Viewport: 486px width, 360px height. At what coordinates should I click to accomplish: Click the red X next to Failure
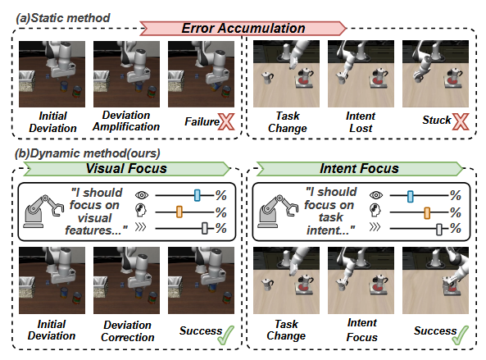tap(226, 121)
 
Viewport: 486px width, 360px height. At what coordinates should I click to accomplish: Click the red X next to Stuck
tap(461, 121)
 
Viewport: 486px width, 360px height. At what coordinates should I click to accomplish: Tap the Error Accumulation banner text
tap(243, 28)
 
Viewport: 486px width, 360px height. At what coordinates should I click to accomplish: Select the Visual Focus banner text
tap(126, 168)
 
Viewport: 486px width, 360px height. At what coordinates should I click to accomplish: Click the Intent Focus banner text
tap(359, 168)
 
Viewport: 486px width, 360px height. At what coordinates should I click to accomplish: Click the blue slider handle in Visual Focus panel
tap(198, 195)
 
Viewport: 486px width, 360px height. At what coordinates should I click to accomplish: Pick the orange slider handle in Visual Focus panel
tap(179, 212)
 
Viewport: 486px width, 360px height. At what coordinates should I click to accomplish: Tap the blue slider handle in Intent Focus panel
tap(410, 196)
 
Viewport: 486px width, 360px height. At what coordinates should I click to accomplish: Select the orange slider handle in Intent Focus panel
tap(427, 213)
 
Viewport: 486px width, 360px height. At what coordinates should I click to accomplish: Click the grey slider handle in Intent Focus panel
tap(439, 230)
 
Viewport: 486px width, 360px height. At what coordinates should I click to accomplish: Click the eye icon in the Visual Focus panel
tap(142, 195)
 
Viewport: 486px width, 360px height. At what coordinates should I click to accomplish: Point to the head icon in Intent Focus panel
tap(375, 211)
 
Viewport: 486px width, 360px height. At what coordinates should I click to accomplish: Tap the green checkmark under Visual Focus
tap(226, 335)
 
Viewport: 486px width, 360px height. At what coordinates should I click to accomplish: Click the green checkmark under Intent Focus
tap(461, 335)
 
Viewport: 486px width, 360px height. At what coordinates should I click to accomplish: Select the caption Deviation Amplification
tap(126, 121)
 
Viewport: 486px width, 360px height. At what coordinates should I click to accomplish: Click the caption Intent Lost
tap(361, 122)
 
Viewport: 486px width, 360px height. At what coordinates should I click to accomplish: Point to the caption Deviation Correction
tap(127, 331)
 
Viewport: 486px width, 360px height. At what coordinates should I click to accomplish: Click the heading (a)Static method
tap(63, 18)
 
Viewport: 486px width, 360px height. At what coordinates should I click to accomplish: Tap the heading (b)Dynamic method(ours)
tap(88, 153)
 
